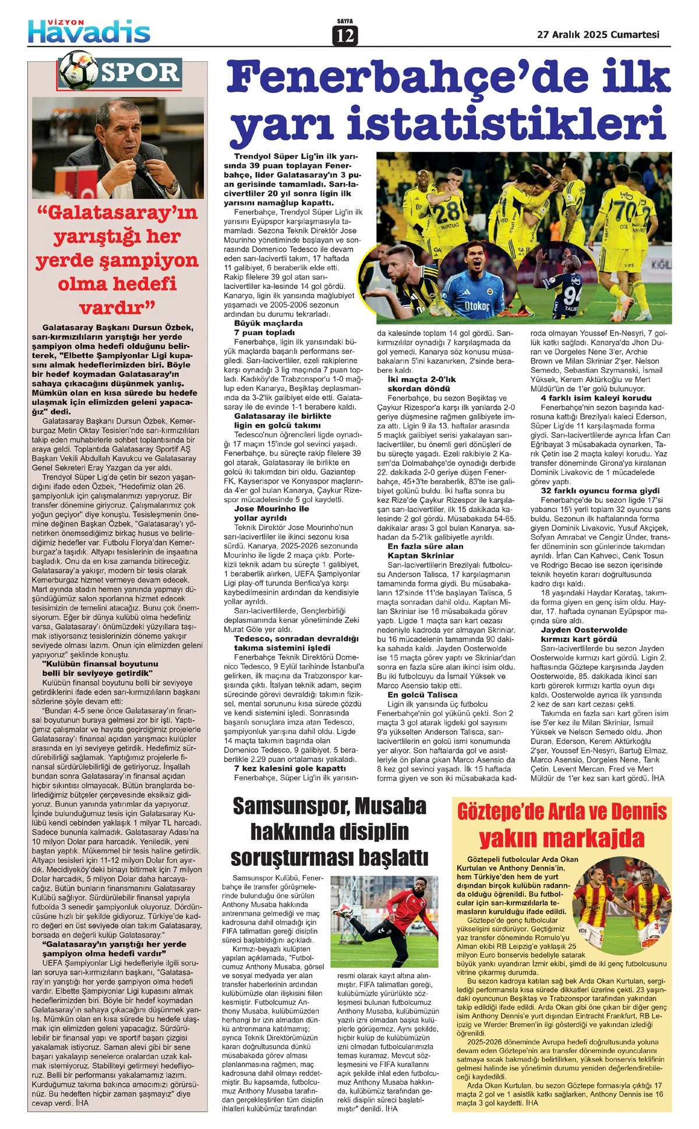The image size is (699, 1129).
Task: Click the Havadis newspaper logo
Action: [89, 31]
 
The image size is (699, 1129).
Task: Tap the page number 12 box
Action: [344, 36]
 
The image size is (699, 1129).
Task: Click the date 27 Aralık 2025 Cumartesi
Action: [598, 34]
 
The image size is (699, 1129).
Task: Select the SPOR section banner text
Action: [141, 73]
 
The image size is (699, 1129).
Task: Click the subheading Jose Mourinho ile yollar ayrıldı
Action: [271, 513]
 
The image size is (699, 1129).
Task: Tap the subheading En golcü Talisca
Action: [422, 694]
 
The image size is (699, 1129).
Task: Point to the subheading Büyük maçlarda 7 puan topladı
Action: [268, 327]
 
